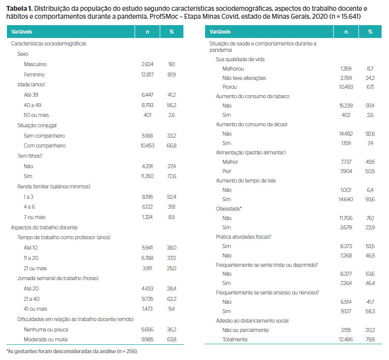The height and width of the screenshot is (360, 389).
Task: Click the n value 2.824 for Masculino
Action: (x=147, y=64)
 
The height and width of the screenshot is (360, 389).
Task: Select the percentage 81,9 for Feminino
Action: (x=172, y=74)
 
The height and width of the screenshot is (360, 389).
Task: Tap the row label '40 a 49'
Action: (x=33, y=105)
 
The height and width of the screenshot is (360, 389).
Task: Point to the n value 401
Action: (x=147, y=115)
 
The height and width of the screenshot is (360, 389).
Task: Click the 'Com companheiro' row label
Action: (x=45, y=145)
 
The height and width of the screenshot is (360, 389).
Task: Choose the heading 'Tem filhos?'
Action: (x=30, y=156)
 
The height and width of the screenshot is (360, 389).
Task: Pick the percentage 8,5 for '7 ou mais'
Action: (x=172, y=217)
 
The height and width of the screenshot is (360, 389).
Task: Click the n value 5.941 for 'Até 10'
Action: (x=147, y=248)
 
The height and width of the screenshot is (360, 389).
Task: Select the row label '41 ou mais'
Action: (x=35, y=309)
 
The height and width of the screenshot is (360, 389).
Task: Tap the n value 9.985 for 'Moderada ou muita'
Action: (x=147, y=339)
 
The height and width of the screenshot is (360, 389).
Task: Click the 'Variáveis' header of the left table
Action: (x=22, y=32)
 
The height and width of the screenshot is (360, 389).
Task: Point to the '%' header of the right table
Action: (x=370, y=32)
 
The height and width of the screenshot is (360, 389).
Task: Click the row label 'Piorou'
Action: (x=229, y=87)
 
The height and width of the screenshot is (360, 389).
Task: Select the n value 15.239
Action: (x=346, y=106)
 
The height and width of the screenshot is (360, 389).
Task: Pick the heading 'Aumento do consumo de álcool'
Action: (x=251, y=125)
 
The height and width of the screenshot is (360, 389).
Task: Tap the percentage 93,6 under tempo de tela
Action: (x=370, y=199)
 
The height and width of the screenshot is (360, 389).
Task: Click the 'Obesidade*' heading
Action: (x=229, y=209)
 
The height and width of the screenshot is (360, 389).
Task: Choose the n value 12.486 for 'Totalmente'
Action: (x=346, y=339)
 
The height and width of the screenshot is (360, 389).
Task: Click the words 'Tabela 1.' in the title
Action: (x=19, y=9)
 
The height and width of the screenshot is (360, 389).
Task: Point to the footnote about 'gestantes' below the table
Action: (x=72, y=351)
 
